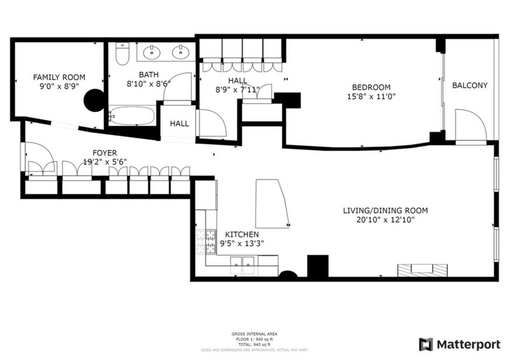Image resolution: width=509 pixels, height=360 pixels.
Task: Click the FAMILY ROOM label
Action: [59, 77]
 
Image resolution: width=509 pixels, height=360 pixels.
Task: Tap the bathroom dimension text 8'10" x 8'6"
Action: [148, 84]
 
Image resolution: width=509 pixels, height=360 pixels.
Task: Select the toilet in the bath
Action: [121, 54]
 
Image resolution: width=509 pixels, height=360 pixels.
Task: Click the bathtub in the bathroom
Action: [132, 115]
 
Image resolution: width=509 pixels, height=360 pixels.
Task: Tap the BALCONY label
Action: [470, 85]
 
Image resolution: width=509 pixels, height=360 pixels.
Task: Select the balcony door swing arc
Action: [471, 124]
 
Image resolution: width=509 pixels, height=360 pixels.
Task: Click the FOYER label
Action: [104, 153]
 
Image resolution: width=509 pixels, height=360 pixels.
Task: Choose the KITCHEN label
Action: [242, 235]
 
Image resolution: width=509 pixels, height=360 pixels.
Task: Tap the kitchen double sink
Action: [243, 262]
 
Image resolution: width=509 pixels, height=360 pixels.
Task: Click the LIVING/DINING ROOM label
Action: [385, 211]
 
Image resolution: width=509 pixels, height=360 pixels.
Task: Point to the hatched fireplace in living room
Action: [422, 270]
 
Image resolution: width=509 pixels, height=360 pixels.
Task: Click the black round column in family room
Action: [93, 100]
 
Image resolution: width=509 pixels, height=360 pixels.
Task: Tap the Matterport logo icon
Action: [427, 344]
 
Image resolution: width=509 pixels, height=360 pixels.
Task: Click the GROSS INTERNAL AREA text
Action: [254, 334]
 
